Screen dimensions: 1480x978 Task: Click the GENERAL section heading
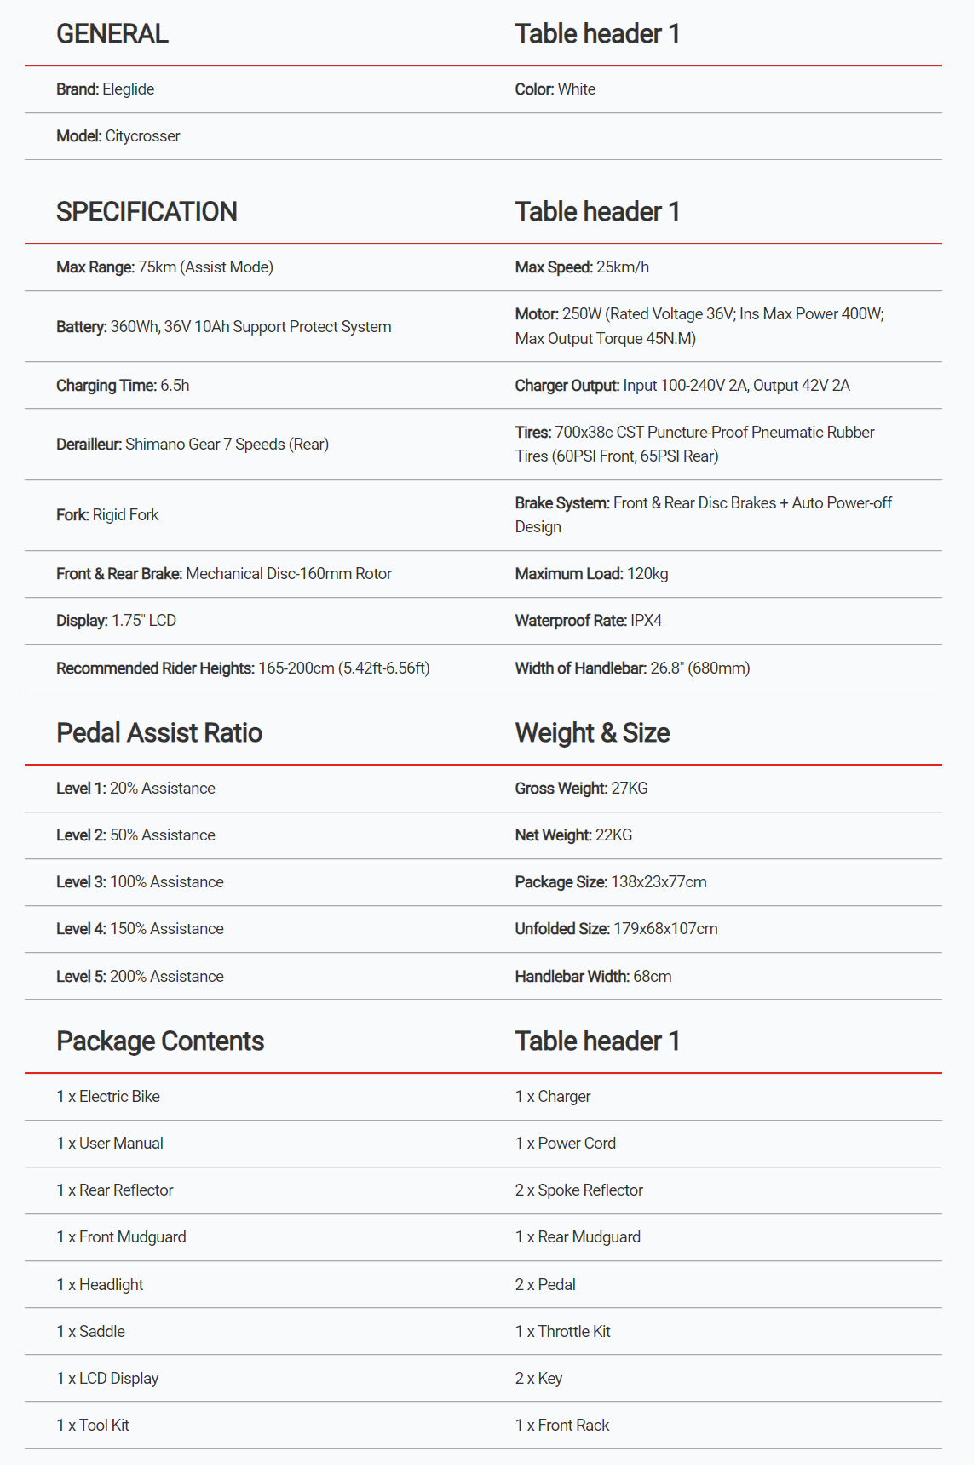[112, 34]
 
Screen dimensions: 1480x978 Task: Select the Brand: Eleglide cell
[106, 89]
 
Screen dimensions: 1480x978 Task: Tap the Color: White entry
[555, 89]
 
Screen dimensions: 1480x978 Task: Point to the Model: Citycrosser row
[118, 136]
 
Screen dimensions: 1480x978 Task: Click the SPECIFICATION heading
[147, 212]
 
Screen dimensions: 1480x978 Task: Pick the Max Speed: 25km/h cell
[582, 267]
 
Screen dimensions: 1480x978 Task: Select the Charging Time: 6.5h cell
[123, 386]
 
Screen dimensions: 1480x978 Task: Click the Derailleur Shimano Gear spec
[193, 445]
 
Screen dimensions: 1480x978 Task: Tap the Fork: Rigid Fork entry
[107, 515]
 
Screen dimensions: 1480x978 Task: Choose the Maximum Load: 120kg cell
[591, 574]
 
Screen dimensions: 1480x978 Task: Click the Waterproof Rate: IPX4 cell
[588, 621]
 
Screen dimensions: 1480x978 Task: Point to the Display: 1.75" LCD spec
[116, 621]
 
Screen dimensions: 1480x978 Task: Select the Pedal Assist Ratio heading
[159, 733]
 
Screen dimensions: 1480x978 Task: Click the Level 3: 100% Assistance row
[140, 882]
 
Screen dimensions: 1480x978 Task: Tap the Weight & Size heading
[592, 733]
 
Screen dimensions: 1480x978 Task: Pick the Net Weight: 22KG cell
[573, 835]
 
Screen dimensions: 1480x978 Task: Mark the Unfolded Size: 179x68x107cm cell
[616, 929]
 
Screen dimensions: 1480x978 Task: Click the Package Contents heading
[160, 1041]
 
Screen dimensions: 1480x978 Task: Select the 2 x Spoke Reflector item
[578, 1190]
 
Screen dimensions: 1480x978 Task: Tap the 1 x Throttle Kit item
[562, 1332]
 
